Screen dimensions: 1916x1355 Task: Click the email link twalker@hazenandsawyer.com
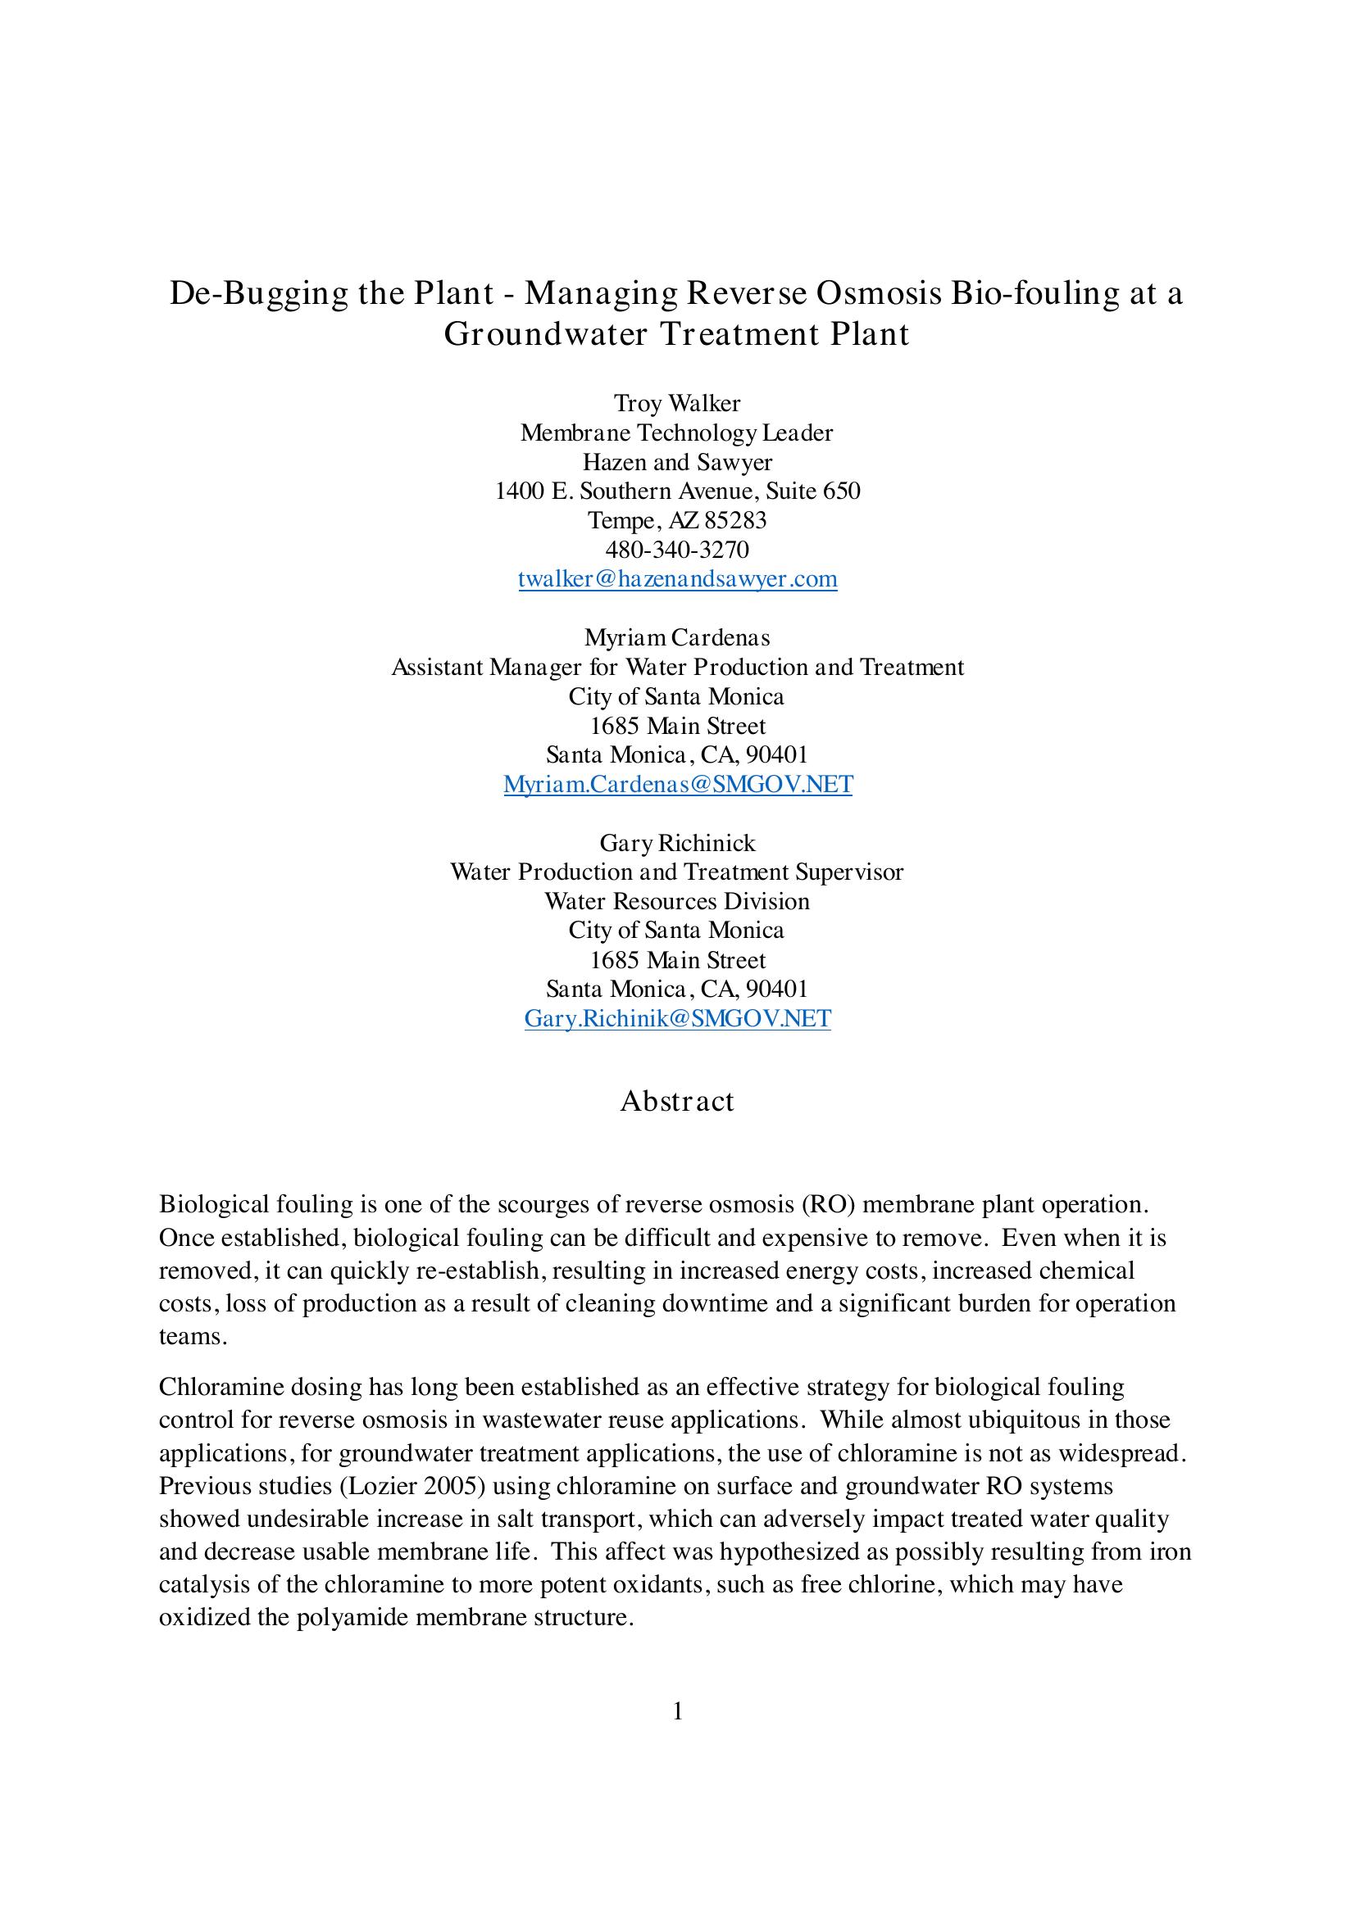click(677, 579)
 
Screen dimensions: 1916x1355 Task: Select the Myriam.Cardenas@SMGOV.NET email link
click(678, 785)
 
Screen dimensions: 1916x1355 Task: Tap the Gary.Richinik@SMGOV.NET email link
click(677, 1019)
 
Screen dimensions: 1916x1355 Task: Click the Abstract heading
click(677, 1102)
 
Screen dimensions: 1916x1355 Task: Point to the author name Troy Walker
click(677, 404)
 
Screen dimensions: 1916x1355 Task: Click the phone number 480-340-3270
click(677, 550)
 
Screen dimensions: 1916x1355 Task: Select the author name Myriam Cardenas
click(677, 637)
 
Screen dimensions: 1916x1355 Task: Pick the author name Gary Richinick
click(677, 843)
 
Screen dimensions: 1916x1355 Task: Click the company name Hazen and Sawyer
click(677, 462)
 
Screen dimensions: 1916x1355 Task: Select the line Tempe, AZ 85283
click(677, 521)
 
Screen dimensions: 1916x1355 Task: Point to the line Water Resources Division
click(677, 901)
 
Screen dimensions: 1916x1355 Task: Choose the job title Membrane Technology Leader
click(677, 433)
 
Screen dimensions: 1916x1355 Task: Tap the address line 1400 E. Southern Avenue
click(677, 491)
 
